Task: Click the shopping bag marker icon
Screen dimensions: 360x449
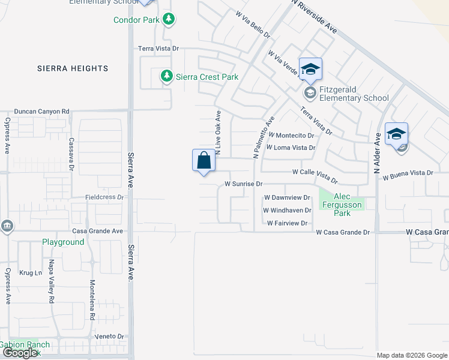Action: point(203,161)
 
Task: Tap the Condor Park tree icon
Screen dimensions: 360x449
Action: point(169,20)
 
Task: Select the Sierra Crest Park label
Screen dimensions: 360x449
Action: point(207,77)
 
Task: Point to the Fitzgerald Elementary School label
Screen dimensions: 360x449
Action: point(354,94)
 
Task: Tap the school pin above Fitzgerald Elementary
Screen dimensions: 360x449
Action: point(310,70)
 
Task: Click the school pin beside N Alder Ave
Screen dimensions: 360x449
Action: point(397,134)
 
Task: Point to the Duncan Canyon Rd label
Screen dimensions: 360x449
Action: point(42,112)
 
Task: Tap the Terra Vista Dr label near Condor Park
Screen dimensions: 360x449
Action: point(158,48)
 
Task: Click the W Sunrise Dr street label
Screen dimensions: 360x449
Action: point(244,184)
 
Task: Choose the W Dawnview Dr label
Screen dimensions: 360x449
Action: point(286,197)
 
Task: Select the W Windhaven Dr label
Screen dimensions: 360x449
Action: point(287,211)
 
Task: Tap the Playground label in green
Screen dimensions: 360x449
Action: point(63,242)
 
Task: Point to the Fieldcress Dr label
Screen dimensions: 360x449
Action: point(104,197)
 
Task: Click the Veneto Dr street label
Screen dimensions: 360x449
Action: point(112,337)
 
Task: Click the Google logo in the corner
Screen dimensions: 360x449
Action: point(20,353)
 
